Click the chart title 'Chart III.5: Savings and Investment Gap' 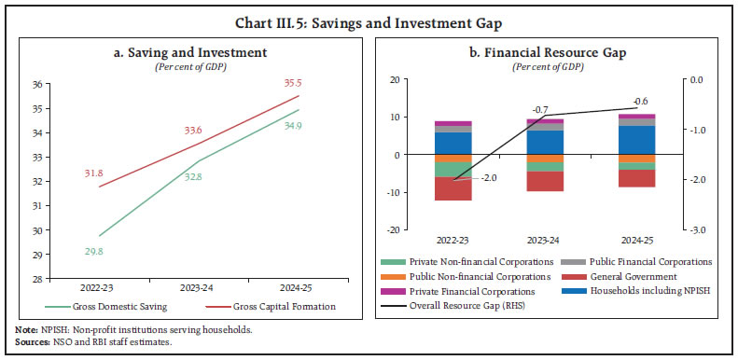(369, 13)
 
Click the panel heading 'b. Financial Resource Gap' (545, 52)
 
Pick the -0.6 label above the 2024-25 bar (640, 101)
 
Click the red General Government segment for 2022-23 (453, 188)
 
